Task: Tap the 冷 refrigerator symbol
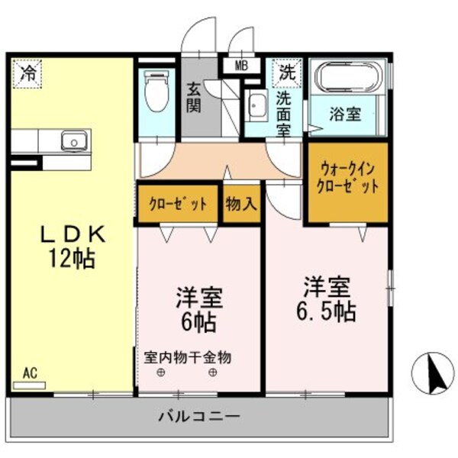[28, 73]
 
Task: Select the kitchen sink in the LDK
[74, 141]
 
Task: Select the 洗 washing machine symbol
[285, 73]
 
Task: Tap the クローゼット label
[178, 204]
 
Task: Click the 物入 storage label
[241, 204]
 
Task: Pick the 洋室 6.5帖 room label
[326, 298]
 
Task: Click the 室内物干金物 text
[188, 356]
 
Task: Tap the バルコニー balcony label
[199, 417]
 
